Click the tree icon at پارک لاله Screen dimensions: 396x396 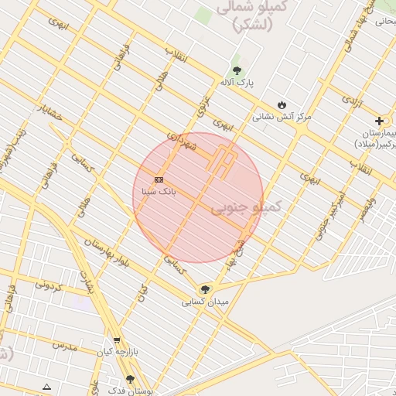(237, 70)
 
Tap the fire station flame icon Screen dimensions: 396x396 (282, 105)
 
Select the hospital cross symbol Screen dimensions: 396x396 (379, 121)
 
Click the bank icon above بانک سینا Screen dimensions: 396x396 (159, 179)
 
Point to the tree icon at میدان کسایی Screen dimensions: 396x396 (205, 289)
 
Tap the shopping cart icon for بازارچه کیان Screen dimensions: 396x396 (117, 340)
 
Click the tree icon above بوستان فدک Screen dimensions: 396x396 (130, 379)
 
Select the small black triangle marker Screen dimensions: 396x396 (47, 386)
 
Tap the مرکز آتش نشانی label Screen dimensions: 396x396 (282, 117)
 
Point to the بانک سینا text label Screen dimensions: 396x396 (159, 189)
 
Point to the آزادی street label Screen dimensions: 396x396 (351, 101)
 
